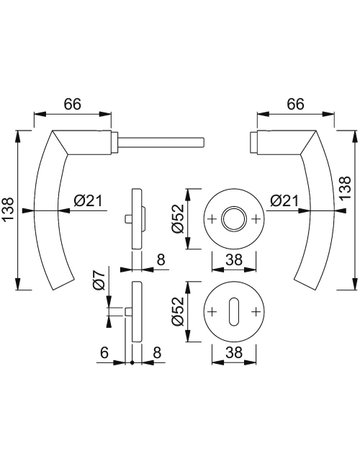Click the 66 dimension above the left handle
click(x=73, y=104)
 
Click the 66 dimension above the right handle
click(x=295, y=104)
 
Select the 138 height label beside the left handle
click(x=8, y=210)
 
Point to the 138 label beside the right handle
click(x=346, y=188)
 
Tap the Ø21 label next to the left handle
click(x=88, y=201)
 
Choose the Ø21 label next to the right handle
click(x=284, y=201)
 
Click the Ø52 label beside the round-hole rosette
click(x=177, y=219)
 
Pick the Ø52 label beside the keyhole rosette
click(x=177, y=311)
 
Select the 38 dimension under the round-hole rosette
click(x=234, y=260)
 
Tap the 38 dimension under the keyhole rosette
click(x=234, y=352)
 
